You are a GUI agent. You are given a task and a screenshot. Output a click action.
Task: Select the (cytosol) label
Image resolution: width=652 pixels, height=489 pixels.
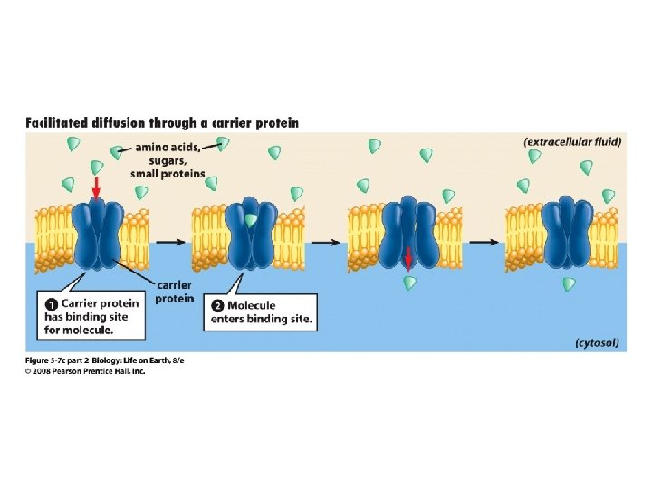[597, 342]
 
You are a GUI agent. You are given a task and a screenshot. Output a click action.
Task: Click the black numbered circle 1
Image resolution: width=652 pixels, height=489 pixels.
[53, 303]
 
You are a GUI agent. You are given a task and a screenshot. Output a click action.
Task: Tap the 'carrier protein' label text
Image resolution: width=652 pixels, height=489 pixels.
[174, 292]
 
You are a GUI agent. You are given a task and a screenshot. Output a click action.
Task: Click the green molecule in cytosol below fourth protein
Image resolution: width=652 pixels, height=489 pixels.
[569, 284]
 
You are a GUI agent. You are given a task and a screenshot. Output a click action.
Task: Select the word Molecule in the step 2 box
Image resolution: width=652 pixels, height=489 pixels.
[252, 305]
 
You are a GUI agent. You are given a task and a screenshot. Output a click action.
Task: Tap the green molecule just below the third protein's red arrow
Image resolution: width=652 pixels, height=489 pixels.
[410, 283]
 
